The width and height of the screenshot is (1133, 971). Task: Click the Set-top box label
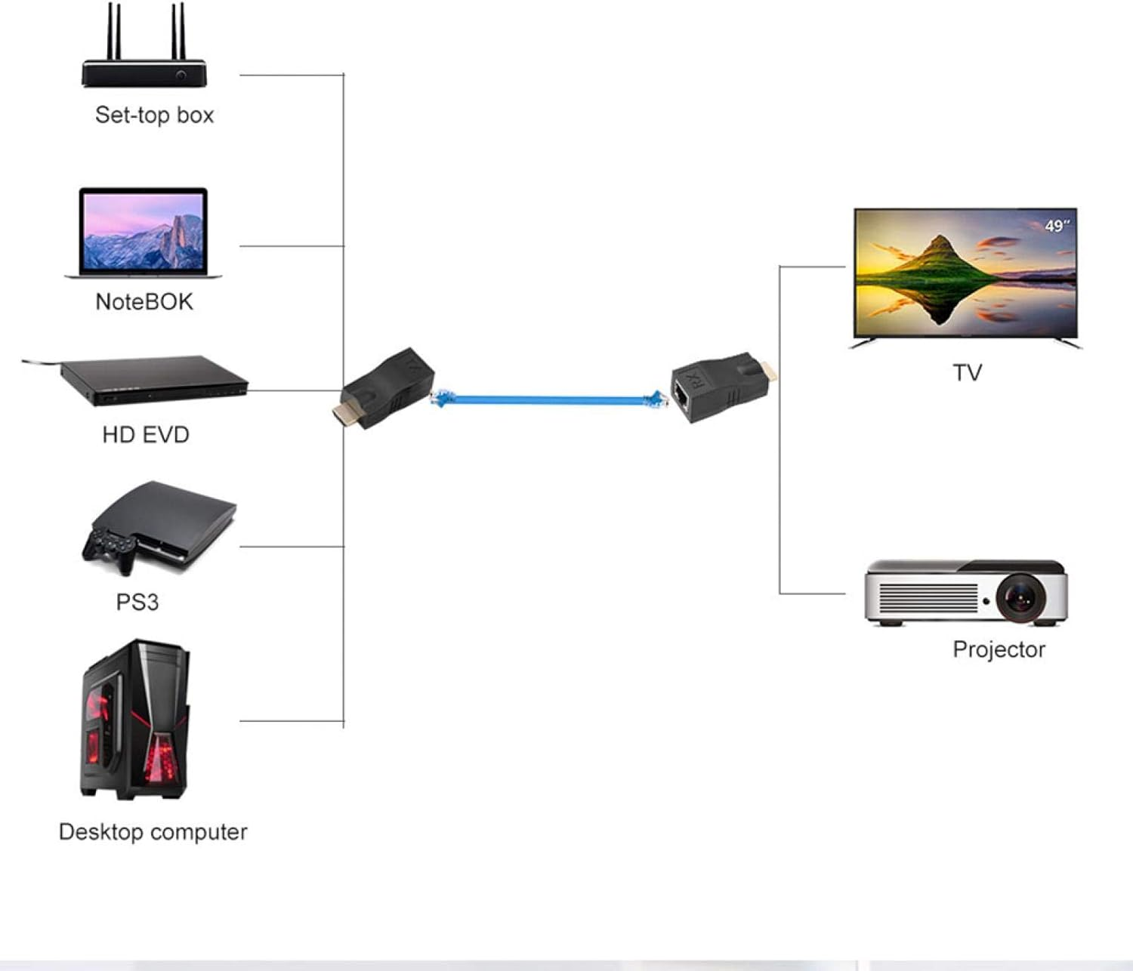pyautogui.click(x=154, y=115)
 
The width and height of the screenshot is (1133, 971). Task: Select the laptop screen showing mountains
pyautogui.click(x=143, y=231)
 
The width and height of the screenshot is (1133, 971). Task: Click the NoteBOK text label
pyautogui.click(x=144, y=301)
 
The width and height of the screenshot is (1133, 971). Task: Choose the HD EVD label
pyautogui.click(x=145, y=434)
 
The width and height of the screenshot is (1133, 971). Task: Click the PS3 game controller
pyautogui.click(x=110, y=548)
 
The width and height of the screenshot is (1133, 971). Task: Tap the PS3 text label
pyautogui.click(x=137, y=602)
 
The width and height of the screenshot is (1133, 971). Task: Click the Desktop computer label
pyautogui.click(x=153, y=831)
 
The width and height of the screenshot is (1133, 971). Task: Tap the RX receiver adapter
pyautogui.click(x=718, y=385)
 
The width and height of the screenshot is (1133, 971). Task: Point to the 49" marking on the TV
pyautogui.click(x=1057, y=226)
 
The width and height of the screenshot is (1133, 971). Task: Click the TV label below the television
pyautogui.click(x=966, y=372)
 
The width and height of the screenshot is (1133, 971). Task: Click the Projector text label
pyautogui.click(x=999, y=649)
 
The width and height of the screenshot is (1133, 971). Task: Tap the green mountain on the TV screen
pyautogui.click(x=937, y=260)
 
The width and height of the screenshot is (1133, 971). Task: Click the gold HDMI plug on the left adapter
pyautogui.click(x=344, y=414)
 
